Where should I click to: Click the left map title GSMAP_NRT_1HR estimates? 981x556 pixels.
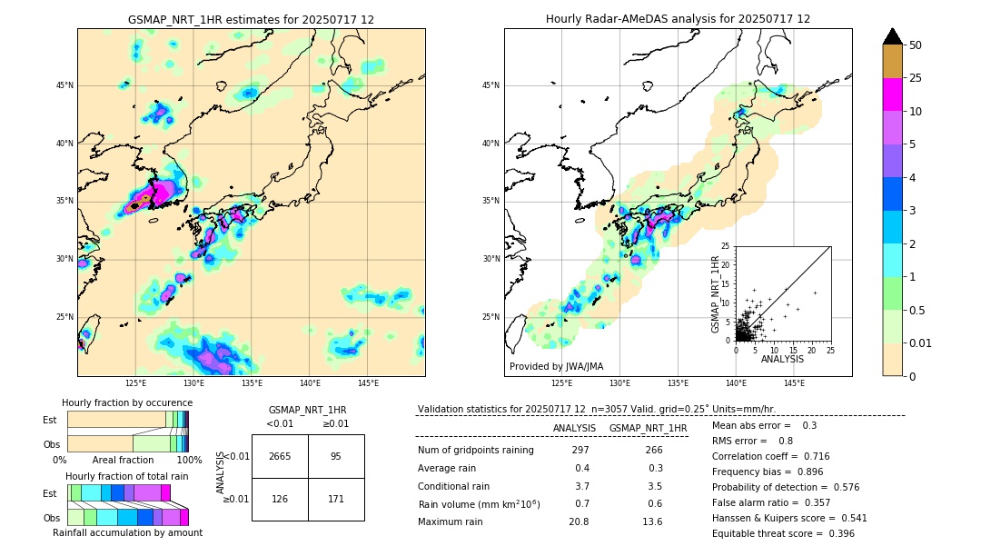click(251, 19)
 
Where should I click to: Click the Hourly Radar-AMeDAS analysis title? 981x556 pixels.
click(678, 19)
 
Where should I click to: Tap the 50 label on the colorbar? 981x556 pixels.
click(916, 45)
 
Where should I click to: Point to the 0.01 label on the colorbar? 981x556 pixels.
click(921, 343)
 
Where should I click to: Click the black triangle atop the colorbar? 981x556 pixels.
click(892, 36)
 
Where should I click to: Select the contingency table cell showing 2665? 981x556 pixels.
click(280, 456)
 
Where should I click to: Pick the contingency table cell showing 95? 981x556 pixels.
click(336, 456)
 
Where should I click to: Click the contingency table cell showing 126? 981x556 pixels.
click(280, 499)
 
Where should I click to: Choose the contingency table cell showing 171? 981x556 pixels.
click(336, 499)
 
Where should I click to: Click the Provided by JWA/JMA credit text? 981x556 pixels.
click(556, 366)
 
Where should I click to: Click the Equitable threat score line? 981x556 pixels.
click(783, 533)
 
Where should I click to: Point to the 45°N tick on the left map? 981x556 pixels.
click(64, 85)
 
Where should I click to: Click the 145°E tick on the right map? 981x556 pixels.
click(794, 383)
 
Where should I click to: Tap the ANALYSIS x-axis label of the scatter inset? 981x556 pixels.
click(782, 359)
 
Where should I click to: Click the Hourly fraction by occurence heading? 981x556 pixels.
click(127, 402)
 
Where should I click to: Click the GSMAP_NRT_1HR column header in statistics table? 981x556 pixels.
click(648, 428)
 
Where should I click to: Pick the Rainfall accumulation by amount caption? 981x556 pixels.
click(127, 532)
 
